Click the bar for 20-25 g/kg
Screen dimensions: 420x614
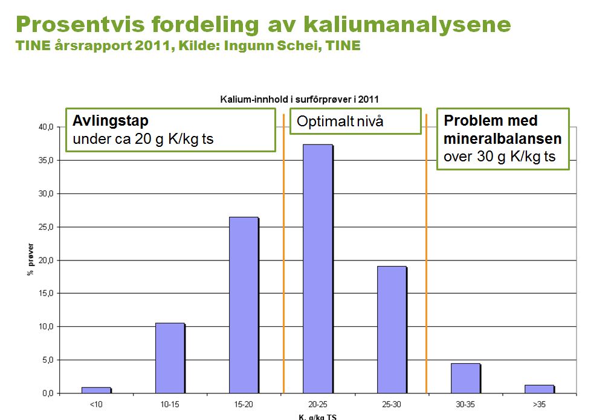pos(317,269)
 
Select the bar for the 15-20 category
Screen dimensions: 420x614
pos(244,305)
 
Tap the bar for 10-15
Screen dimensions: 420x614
pos(170,358)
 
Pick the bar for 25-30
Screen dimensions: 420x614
pos(391,329)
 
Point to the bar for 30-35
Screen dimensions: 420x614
pos(465,378)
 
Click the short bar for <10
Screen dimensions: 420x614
pos(96,390)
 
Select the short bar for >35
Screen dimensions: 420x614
pos(539,389)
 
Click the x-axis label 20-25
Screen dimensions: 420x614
pos(318,403)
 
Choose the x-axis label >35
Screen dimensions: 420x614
pos(540,403)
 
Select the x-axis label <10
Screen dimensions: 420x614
pos(96,403)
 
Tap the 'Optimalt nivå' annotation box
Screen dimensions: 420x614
pos(355,121)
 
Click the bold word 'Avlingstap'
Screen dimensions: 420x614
pos(111,121)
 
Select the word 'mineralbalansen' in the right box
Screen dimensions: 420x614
pos(503,139)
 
